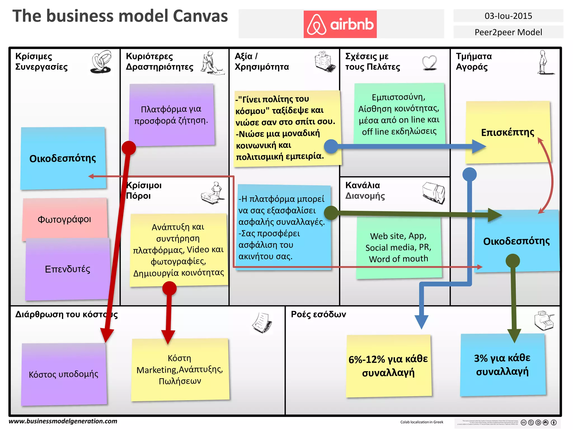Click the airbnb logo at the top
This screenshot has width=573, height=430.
point(340,24)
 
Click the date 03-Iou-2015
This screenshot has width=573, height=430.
point(508,16)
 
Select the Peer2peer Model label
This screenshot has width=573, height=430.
point(508,32)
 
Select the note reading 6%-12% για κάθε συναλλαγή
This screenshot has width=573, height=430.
point(388,366)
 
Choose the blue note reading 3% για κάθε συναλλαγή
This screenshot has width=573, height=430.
point(502,364)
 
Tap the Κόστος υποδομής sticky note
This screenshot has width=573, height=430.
point(64,374)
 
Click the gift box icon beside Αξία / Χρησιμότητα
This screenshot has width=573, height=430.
point(325,62)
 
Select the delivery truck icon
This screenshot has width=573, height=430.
point(434,193)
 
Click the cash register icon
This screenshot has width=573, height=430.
point(544,320)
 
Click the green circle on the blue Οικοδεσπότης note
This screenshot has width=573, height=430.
point(513,261)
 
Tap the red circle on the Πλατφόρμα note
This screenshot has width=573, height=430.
point(129,148)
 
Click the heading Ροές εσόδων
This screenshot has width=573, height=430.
point(318,314)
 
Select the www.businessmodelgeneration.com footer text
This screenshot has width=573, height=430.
point(63,421)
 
